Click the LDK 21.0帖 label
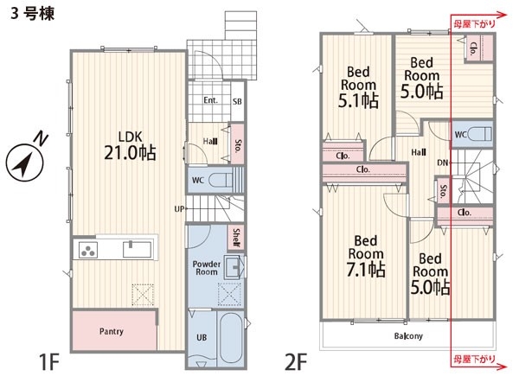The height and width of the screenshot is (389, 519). coord(130,146)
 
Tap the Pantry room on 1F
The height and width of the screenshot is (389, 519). coord(114,330)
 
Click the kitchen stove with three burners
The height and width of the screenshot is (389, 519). coord(88,250)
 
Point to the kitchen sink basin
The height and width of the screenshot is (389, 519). coord(138,250)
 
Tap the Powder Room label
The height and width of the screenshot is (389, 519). coord(207,268)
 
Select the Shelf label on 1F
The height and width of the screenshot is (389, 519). coord(236,238)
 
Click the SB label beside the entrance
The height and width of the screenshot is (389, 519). coord(237,101)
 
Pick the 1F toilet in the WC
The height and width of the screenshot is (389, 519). coord(221,181)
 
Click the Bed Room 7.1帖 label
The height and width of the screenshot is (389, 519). coord(366,255)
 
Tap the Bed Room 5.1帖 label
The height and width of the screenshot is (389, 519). coord(358,86)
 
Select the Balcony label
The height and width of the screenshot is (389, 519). coord(408,336)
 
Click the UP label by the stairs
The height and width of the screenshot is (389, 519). coord(179,209)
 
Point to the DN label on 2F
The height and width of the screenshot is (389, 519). coord(442,163)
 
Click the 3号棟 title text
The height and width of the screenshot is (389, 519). coord(32,14)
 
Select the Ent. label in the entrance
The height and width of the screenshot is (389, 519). coord(210,100)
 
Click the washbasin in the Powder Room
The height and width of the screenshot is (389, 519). coord(234,266)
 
